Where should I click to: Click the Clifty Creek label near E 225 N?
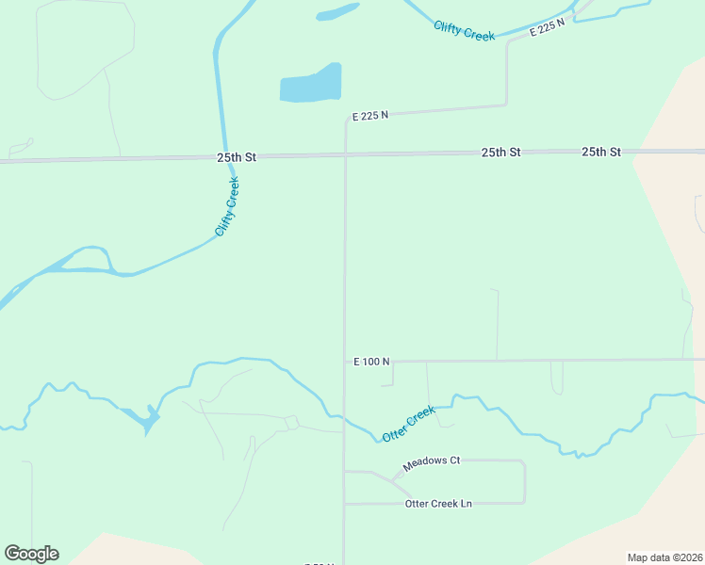point(464,30)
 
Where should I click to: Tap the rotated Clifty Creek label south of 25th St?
point(227,206)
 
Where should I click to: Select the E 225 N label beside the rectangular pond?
point(370,116)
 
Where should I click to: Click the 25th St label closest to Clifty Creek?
point(237,156)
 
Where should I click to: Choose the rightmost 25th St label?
point(601,152)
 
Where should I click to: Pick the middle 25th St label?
point(500,152)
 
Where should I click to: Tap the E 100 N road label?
point(371,362)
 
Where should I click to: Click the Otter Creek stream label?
point(408,424)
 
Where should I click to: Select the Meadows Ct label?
point(431,461)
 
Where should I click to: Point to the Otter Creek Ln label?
point(437,504)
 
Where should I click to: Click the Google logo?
point(31,554)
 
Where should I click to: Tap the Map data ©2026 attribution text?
point(664,557)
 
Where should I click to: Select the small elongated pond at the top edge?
point(337,12)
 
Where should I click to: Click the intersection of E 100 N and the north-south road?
point(345,362)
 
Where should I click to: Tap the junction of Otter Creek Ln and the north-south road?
point(345,504)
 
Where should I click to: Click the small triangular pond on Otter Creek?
point(149,420)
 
